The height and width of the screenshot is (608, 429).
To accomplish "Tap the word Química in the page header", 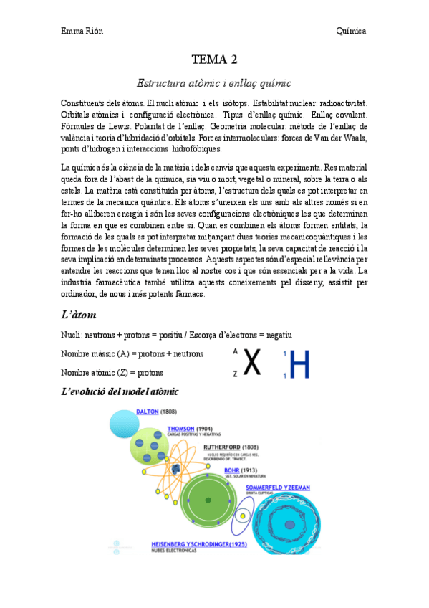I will coord(351,31).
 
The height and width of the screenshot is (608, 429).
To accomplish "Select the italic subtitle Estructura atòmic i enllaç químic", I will coord(214,83).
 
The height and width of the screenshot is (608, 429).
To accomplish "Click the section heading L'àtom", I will coord(79,315).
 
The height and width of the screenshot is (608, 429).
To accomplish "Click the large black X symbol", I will coord(251,364).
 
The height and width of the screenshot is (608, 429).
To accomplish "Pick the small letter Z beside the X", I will coord(235,374).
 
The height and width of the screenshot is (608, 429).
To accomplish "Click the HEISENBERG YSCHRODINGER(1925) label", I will coord(201,545).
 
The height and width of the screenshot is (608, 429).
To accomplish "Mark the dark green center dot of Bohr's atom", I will coord(208,500).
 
